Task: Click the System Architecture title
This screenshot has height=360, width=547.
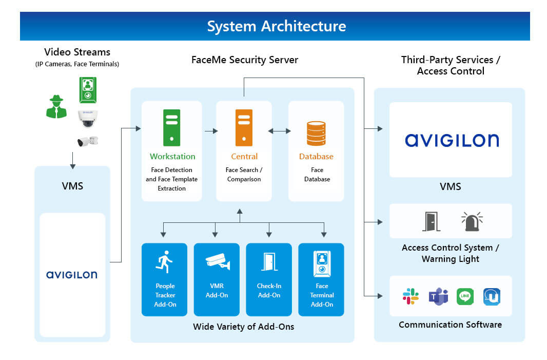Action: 276,26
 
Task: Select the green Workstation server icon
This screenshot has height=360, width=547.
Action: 171,127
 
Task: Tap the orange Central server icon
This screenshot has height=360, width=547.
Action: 244,127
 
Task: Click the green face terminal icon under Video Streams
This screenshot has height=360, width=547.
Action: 88,90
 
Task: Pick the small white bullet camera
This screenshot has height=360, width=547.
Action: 87,141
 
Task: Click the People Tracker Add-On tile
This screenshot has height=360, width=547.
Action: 165,279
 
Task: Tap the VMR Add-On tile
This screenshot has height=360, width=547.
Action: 217,279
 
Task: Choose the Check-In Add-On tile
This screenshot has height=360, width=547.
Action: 269,279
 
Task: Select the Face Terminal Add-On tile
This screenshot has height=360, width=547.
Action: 321,279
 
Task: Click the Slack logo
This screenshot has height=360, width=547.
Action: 411,296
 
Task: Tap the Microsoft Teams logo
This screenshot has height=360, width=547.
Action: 438,296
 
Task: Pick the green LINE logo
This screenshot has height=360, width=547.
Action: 465,296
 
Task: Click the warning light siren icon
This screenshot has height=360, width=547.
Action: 472,221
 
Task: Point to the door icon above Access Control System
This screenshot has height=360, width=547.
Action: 431,221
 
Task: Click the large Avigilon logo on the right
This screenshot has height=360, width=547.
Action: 451,140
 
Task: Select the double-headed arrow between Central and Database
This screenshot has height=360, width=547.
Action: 279,131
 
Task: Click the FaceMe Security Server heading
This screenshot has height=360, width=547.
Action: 244,60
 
